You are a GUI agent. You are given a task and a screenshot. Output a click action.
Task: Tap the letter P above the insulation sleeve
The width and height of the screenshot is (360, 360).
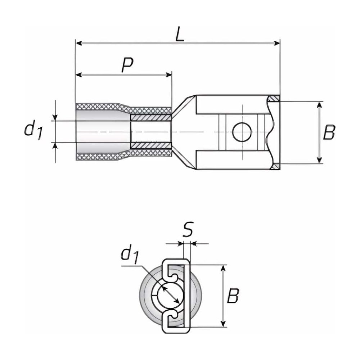[x=127, y=65]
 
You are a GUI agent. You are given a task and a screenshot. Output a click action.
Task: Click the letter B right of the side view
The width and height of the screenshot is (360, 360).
[x=328, y=132]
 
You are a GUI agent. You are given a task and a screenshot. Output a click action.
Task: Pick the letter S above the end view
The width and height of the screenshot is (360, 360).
[x=187, y=230]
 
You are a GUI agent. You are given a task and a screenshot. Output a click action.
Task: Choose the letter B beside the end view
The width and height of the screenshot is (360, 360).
[x=233, y=296]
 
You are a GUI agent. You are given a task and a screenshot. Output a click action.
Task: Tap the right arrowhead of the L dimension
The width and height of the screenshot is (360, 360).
[x=277, y=43]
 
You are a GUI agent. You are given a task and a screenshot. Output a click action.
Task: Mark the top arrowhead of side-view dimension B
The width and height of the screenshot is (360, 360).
[x=319, y=105]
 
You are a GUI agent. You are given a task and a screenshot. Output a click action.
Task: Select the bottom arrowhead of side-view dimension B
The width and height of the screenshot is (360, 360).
[x=319, y=160]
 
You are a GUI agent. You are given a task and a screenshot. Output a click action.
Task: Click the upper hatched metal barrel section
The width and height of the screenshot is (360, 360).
[x=150, y=117]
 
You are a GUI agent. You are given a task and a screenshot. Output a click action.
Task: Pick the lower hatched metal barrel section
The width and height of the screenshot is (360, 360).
[x=150, y=145]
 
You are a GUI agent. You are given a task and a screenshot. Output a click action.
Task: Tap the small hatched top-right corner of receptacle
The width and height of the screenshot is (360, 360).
[x=274, y=98]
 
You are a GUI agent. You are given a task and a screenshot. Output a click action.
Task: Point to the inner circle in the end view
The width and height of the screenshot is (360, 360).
[x=169, y=296]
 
